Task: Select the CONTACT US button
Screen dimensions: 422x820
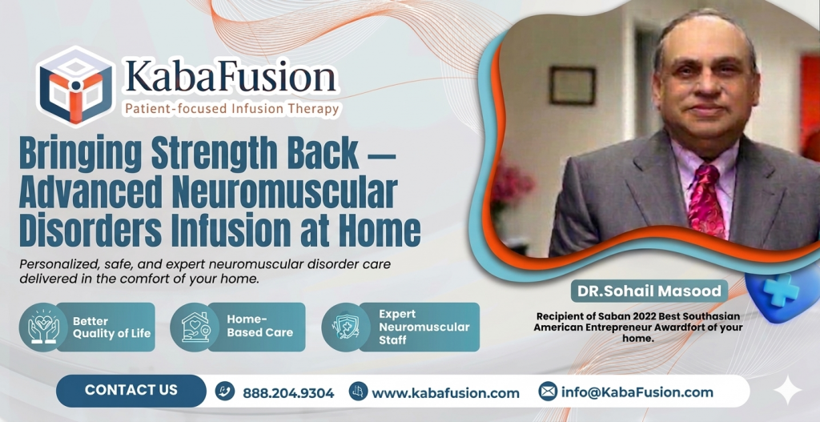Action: [131, 390]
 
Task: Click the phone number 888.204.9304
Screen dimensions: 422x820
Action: [287, 393]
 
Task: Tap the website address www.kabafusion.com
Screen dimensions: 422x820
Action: [445, 393]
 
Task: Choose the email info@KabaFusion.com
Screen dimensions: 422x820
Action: [637, 392]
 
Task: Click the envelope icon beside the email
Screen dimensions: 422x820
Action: [548, 392]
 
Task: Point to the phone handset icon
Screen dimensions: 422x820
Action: [225, 392]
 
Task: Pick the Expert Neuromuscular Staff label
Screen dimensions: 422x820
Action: [424, 327]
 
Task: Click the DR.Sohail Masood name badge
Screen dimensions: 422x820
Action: [646, 291]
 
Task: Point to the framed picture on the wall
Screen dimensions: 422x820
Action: [573, 85]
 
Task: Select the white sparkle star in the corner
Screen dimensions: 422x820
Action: [788, 389]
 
